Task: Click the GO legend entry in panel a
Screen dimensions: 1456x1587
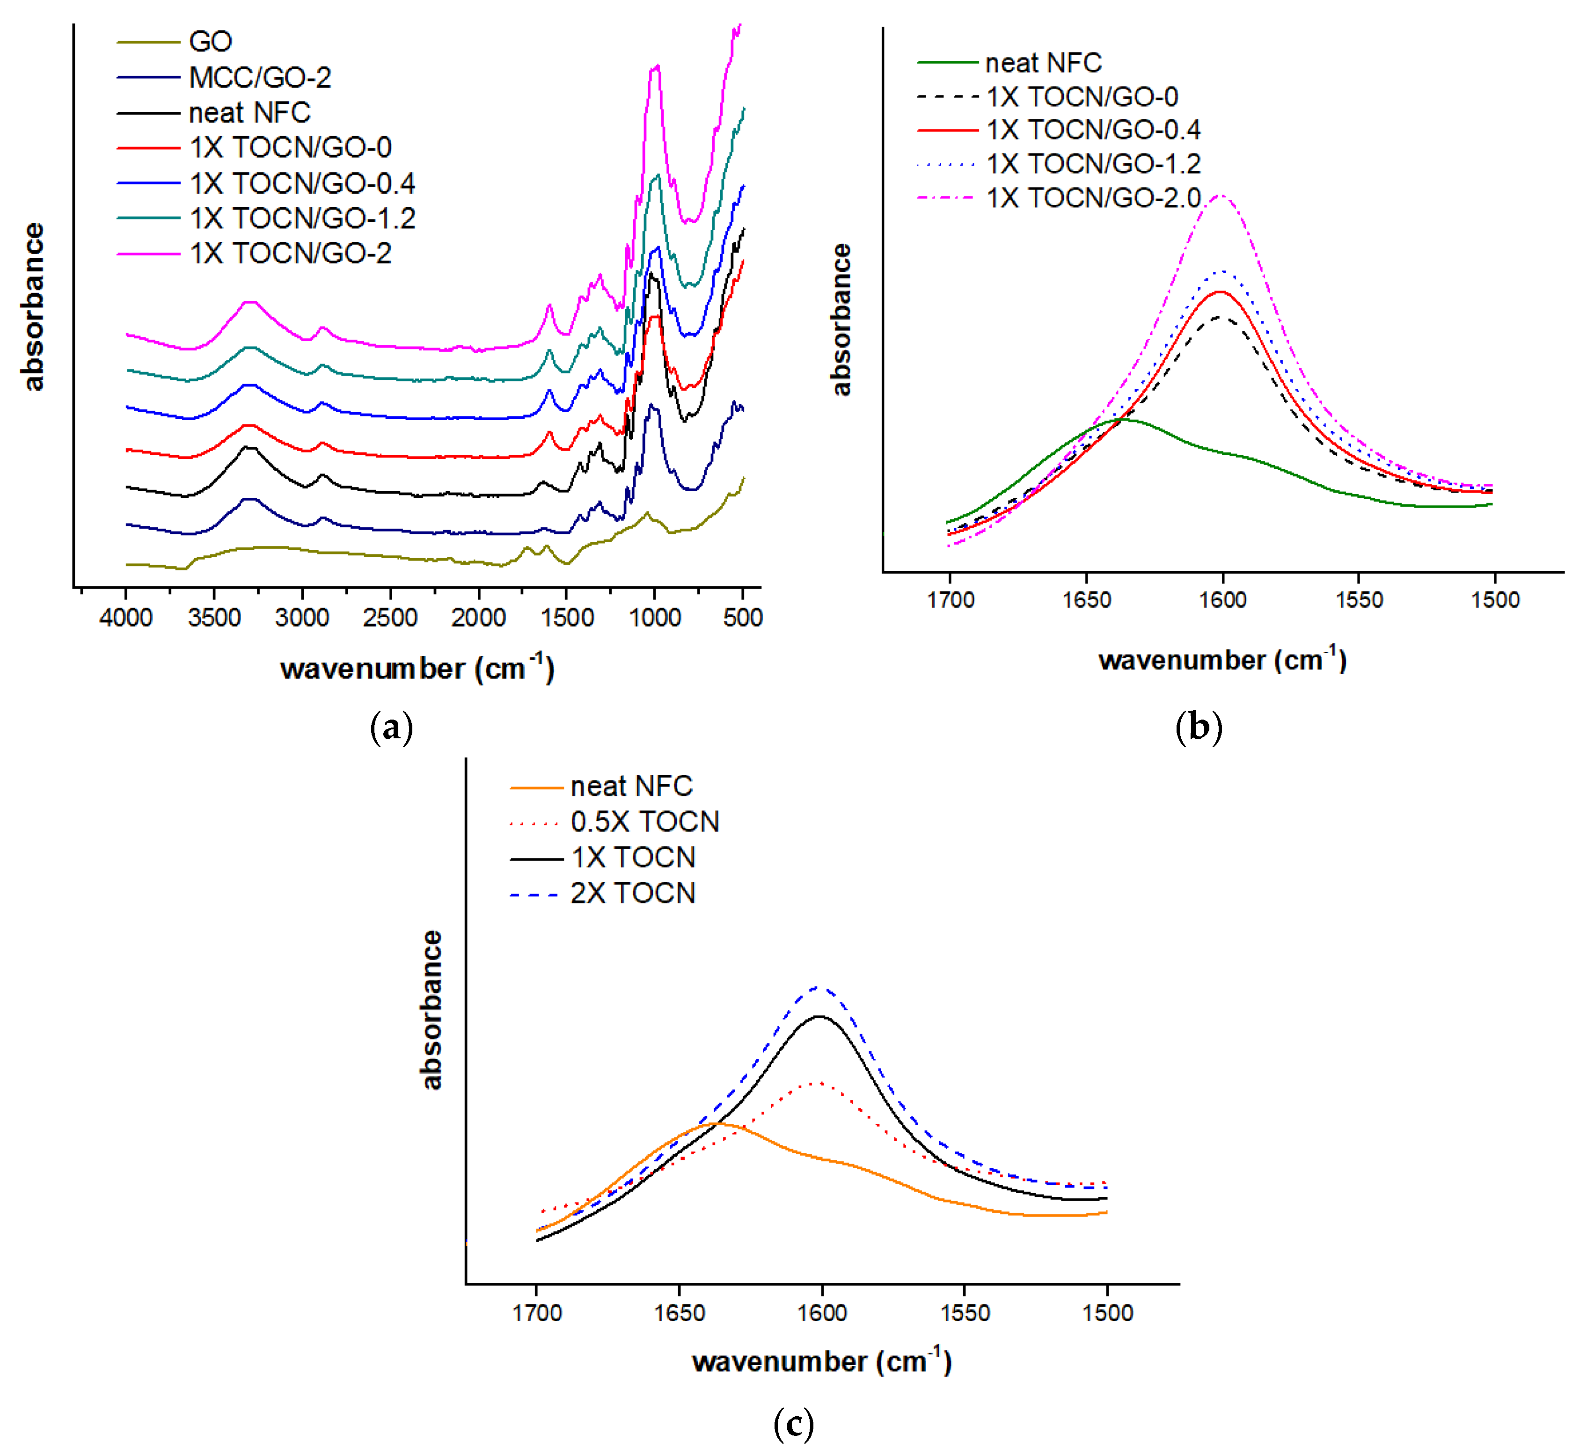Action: pyautogui.click(x=210, y=41)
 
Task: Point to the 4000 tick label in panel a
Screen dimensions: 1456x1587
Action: pyautogui.click(x=126, y=617)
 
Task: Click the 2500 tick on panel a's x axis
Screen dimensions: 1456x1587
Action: pyautogui.click(x=390, y=617)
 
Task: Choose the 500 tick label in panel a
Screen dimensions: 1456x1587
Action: pyautogui.click(x=742, y=617)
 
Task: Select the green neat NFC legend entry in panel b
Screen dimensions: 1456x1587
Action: pyautogui.click(x=1043, y=62)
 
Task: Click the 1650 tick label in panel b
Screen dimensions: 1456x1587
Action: pyautogui.click(x=1087, y=600)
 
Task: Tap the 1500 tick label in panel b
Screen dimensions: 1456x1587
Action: pyautogui.click(x=1495, y=600)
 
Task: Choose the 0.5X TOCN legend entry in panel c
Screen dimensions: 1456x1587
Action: pyautogui.click(x=644, y=822)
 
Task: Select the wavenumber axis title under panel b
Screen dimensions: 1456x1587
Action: pyautogui.click(x=1221, y=659)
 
